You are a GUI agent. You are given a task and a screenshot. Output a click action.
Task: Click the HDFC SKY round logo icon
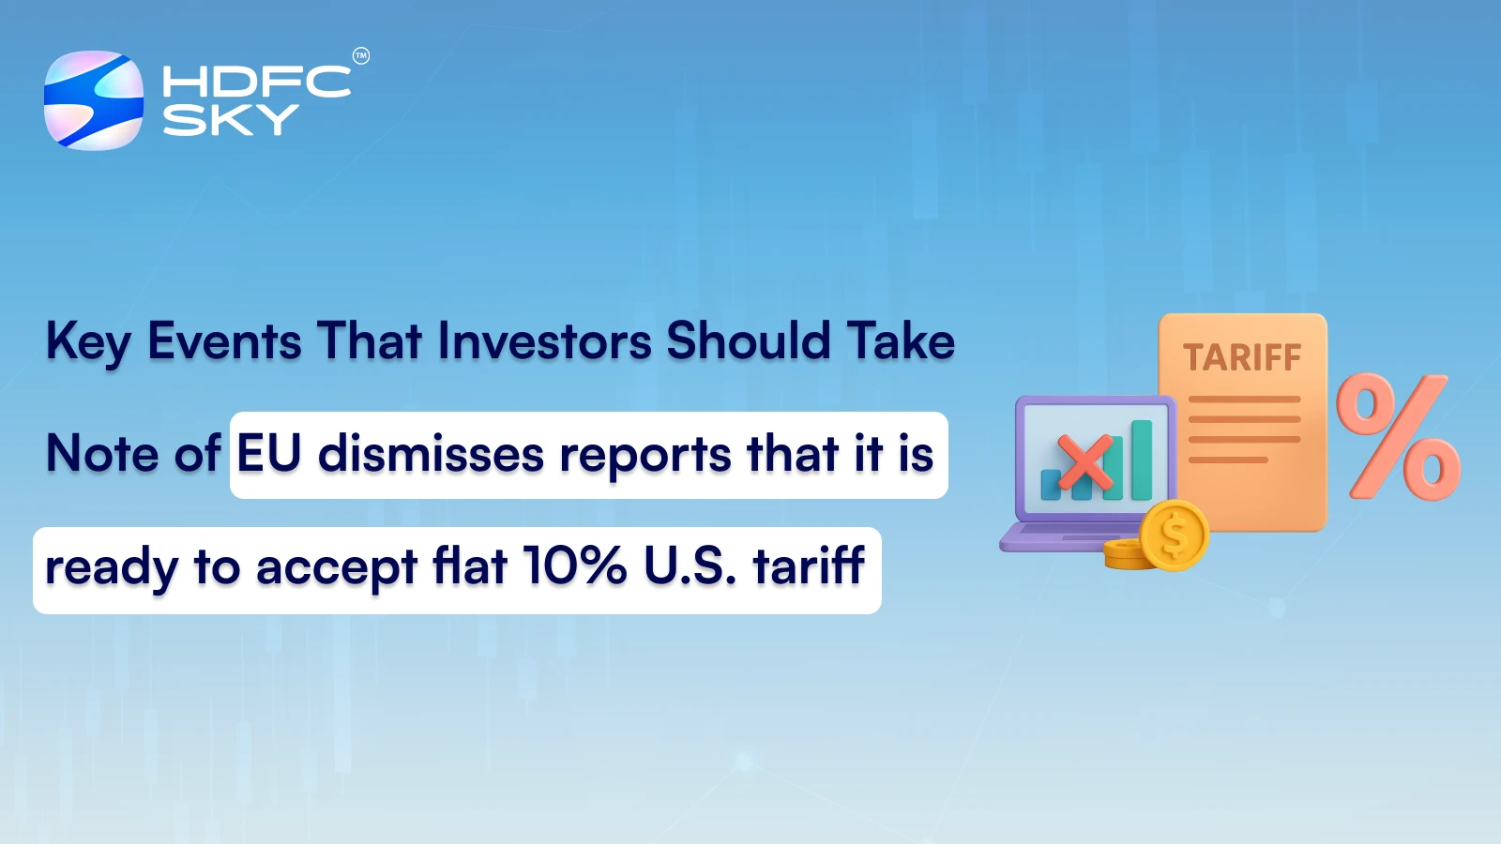pyautogui.click(x=94, y=100)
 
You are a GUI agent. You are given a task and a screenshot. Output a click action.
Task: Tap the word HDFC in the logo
pyautogui.click(x=256, y=83)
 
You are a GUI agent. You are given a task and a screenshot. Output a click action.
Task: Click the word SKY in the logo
pyautogui.click(x=230, y=120)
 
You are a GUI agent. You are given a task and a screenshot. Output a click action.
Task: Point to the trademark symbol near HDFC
pyautogui.click(x=361, y=56)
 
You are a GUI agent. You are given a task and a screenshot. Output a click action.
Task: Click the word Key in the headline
pyautogui.click(x=88, y=342)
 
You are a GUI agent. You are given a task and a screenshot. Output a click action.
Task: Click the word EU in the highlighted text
pyautogui.click(x=269, y=454)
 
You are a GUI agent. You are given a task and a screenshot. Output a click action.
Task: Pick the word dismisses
pyautogui.click(x=431, y=454)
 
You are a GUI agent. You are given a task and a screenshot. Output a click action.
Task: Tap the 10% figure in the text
pyautogui.click(x=574, y=566)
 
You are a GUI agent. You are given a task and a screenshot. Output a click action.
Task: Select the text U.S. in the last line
pyautogui.click(x=690, y=566)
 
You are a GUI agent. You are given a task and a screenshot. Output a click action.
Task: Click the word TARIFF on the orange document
pyautogui.click(x=1242, y=357)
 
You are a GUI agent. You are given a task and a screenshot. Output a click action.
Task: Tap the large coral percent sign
pyautogui.click(x=1398, y=436)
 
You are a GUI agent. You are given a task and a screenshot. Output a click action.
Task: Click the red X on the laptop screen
pyautogui.click(x=1086, y=464)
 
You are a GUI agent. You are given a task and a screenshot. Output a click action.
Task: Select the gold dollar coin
pyautogui.click(x=1174, y=535)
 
